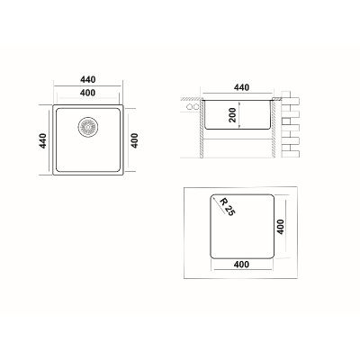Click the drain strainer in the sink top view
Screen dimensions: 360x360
[87, 127]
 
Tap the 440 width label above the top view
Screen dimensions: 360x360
[88, 79]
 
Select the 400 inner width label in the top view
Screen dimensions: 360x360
[88, 93]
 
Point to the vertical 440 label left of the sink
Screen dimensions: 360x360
[43, 140]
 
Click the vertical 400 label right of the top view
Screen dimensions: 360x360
[135, 140]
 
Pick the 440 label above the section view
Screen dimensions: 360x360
[241, 87]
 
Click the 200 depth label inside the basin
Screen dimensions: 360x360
[232, 115]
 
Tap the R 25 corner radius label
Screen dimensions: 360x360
[228, 206]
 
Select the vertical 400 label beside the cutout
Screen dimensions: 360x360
[280, 227]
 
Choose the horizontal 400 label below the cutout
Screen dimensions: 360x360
[241, 265]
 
